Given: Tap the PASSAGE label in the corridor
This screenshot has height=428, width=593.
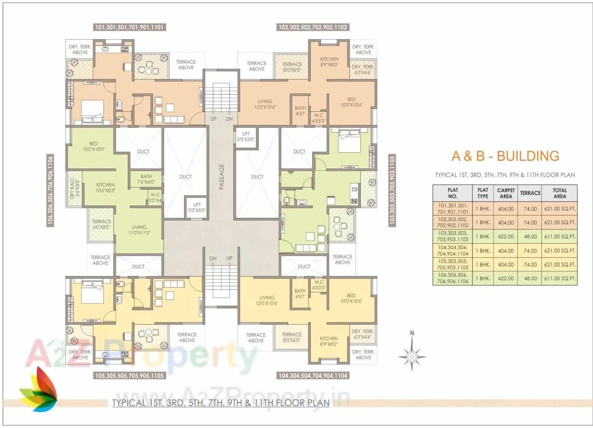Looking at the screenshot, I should tap(221, 176).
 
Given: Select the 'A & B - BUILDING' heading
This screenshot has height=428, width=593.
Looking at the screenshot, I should tap(505, 156).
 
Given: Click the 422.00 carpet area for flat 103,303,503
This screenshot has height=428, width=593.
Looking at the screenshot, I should tap(506, 236).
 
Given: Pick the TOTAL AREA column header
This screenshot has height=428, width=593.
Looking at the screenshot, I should tap(559, 193).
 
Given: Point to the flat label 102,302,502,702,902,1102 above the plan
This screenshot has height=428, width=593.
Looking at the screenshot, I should tap(313, 27).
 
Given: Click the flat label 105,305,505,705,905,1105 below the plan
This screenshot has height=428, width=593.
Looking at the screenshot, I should tap(129, 376).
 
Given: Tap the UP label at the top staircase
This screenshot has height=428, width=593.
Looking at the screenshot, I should tap(213, 119).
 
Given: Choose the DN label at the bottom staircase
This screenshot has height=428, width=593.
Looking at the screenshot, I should tap(213, 258).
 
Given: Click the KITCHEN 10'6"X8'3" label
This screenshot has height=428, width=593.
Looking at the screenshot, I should tap(106, 188).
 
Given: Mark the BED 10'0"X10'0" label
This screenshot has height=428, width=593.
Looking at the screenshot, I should tap(93, 146).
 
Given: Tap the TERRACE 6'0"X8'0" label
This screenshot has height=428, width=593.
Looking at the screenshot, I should tap(101, 224).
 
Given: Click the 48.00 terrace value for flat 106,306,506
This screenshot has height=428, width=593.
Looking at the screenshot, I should tap(530, 278).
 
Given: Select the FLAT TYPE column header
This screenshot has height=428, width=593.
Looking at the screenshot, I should tap(482, 193).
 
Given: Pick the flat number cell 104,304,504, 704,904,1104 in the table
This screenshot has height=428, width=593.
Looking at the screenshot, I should tap(452, 250).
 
